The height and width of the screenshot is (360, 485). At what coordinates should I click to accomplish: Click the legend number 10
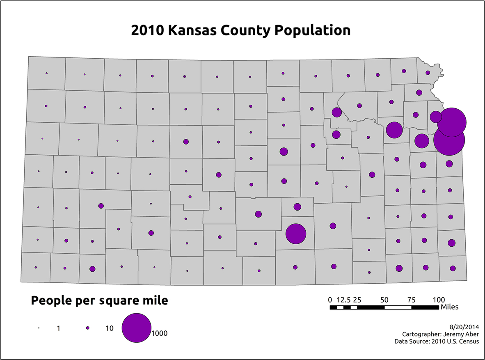[x=109, y=328]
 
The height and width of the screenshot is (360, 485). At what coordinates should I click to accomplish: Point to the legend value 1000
[x=160, y=333]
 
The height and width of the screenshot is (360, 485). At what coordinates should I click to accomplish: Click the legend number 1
[x=59, y=328]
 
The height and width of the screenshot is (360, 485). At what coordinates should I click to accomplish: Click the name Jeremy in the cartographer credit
[x=450, y=334]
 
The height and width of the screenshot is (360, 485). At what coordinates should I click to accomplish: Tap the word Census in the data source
[x=469, y=341]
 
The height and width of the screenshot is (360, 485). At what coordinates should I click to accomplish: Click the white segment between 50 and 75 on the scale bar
[x=398, y=307]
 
